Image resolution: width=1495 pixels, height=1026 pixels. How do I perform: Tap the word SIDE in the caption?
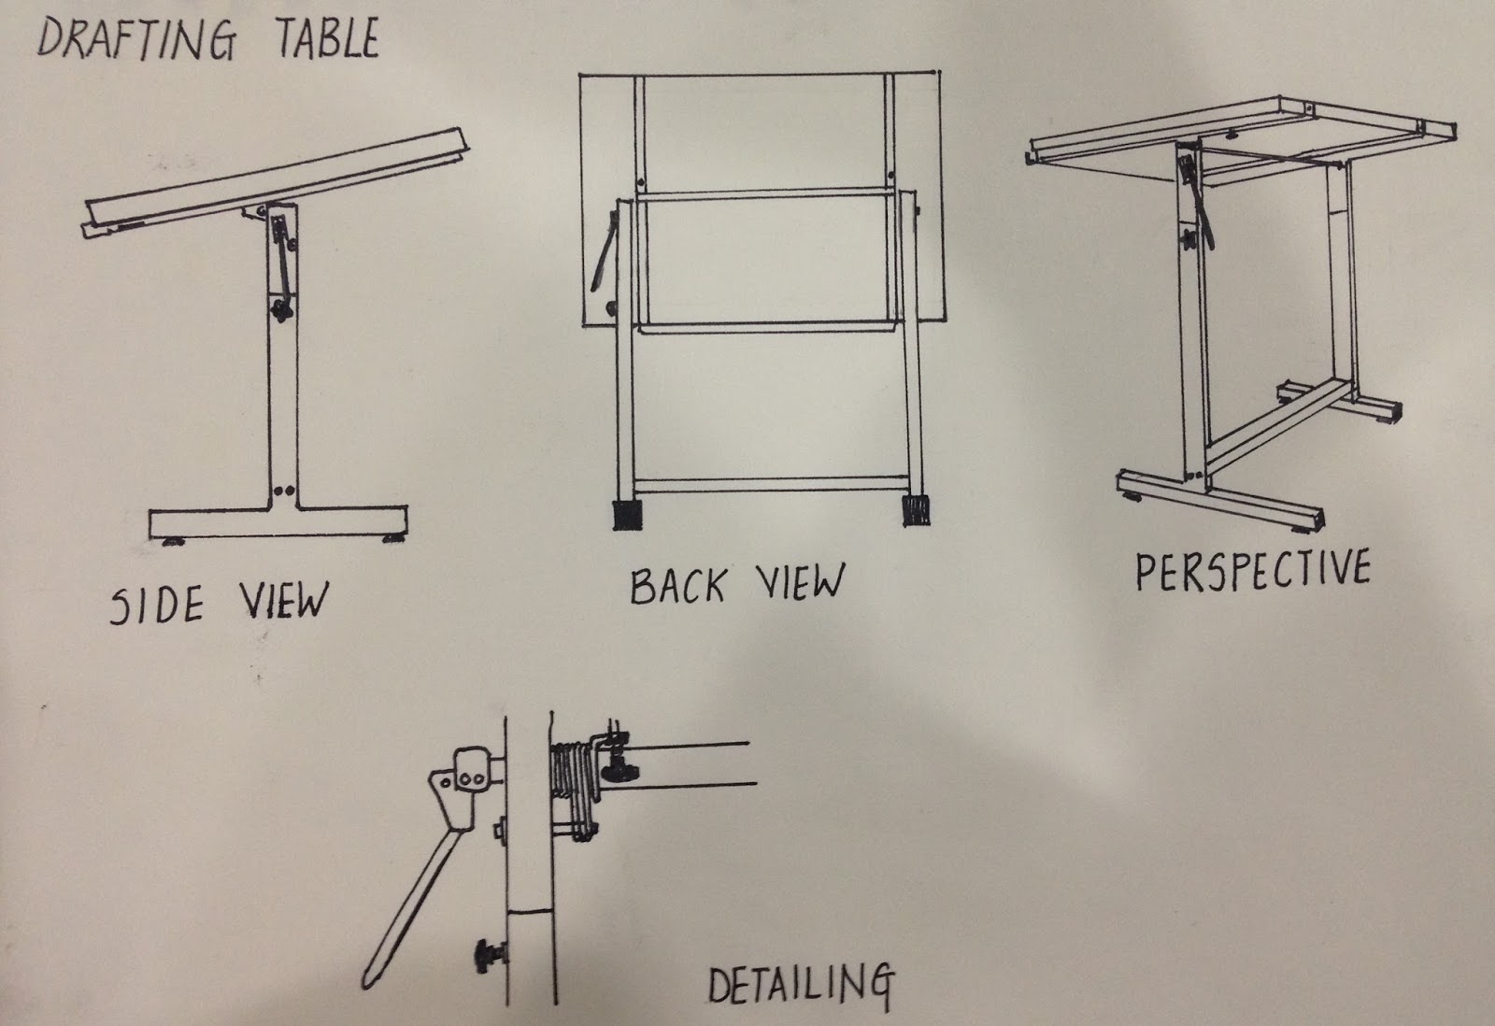[x=156, y=606]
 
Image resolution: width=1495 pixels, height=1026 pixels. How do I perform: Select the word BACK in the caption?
[x=676, y=587]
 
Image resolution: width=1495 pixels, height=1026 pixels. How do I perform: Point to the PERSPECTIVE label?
[x=1252, y=572]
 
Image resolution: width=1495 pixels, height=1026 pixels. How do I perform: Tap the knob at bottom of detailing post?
[x=488, y=954]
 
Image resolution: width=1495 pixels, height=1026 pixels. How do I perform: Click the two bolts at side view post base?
[x=283, y=489]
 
